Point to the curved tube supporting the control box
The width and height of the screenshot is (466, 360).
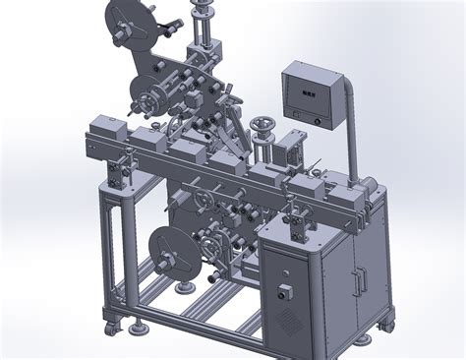pyautogui.click(x=349, y=108)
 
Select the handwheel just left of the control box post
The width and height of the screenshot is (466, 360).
pyautogui.click(x=262, y=126)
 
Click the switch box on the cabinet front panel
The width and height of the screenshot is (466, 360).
pyautogui.click(x=286, y=292)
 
